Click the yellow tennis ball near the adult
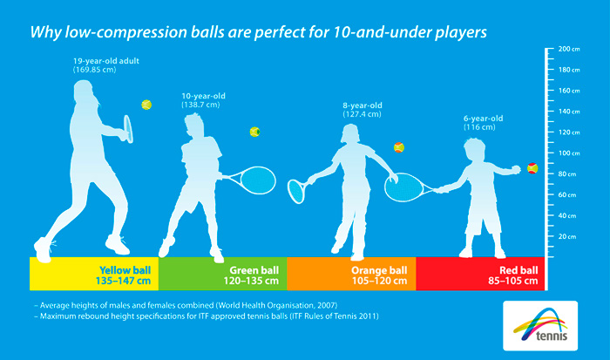click(x=146, y=105)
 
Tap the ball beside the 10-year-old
click(x=254, y=132)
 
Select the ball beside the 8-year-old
click(x=399, y=147)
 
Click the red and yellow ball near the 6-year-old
click(x=532, y=168)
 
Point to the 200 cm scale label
click(x=569, y=49)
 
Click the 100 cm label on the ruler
click(x=569, y=153)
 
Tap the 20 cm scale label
click(x=567, y=236)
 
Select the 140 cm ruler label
click(x=569, y=112)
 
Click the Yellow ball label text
click(x=125, y=270)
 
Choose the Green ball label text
click(x=254, y=270)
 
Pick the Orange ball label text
click(x=379, y=270)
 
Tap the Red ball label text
click(x=518, y=270)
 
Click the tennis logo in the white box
click(x=540, y=326)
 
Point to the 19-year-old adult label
click(x=106, y=61)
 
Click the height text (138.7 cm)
click(x=200, y=105)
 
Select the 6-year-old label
click(x=483, y=119)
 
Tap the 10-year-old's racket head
click(x=258, y=180)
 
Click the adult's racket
click(x=128, y=128)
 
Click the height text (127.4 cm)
click(x=362, y=114)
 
